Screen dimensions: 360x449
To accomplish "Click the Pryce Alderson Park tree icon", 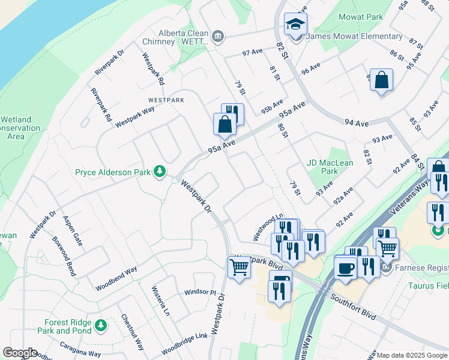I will coord(160,172).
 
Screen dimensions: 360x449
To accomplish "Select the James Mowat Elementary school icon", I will coord(295,25).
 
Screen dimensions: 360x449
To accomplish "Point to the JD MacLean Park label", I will coord(330,166).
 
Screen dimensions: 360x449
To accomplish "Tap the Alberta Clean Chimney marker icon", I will coord(217,37).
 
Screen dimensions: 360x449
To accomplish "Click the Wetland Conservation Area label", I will coord(18,128).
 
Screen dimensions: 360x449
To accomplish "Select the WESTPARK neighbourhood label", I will coord(166,100).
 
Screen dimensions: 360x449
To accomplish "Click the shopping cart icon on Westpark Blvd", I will coord(239,268).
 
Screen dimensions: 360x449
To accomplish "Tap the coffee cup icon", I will coord(345,268).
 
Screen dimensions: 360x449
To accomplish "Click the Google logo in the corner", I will coord(19,353).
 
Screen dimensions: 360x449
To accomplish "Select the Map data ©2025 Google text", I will coord(411,355).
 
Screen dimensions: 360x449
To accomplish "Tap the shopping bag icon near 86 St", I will coord(381,80).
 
